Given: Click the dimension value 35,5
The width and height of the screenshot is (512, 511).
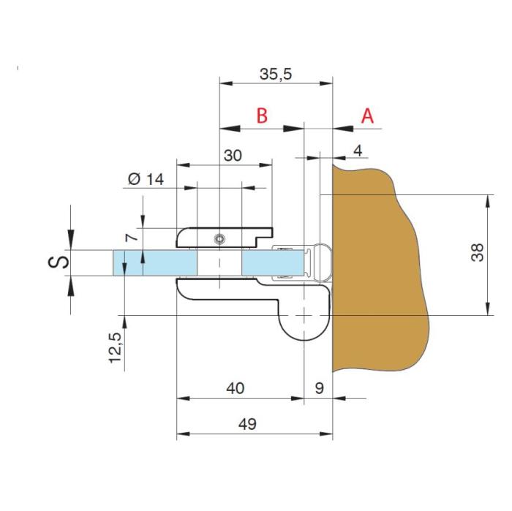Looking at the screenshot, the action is pyautogui.click(x=276, y=74).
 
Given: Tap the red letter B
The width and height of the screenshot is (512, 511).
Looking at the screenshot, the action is pyautogui.click(x=262, y=116).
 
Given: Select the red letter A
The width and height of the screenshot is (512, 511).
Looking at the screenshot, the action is pyautogui.click(x=367, y=116).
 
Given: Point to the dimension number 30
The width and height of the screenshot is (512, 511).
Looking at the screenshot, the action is pyautogui.click(x=233, y=155).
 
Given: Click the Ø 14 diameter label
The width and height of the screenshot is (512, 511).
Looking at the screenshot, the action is pyautogui.click(x=146, y=179).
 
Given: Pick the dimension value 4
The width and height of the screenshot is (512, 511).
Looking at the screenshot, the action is pyautogui.click(x=358, y=151).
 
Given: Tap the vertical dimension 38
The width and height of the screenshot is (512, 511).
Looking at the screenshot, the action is pyautogui.click(x=477, y=252).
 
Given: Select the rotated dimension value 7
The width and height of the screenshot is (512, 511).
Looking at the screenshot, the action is pyautogui.click(x=132, y=237).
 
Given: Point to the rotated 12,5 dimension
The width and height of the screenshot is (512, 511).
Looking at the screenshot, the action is pyautogui.click(x=116, y=348).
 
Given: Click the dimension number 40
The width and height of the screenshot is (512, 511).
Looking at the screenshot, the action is pyautogui.click(x=235, y=388).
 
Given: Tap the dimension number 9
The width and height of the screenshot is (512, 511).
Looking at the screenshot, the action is pyautogui.click(x=319, y=388).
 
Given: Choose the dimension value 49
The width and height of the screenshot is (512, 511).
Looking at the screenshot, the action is pyautogui.click(x=247, y=424).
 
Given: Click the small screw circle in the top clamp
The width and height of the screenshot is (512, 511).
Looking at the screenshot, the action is pyautogui.click(x=219, y=240).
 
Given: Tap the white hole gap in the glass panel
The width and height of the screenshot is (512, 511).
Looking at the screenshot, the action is pyautogui.click(x=219, y=263).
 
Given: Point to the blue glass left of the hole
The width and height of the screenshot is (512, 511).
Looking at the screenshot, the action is pyautogui.click(x=155, y=263).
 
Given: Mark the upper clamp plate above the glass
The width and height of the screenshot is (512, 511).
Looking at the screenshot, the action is pyautogui.click(x=225, y=238).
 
